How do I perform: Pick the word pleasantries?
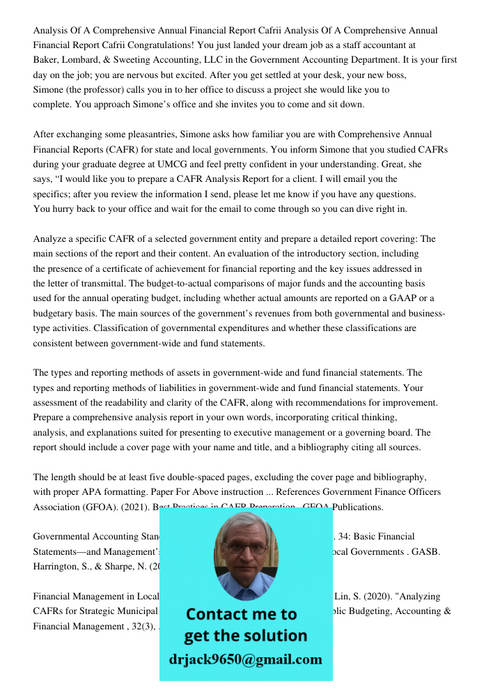[148, 135]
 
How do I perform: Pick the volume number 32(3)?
[141, 627]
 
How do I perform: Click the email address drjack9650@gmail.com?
[246, 659]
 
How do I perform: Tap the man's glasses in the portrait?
[245, 548]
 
